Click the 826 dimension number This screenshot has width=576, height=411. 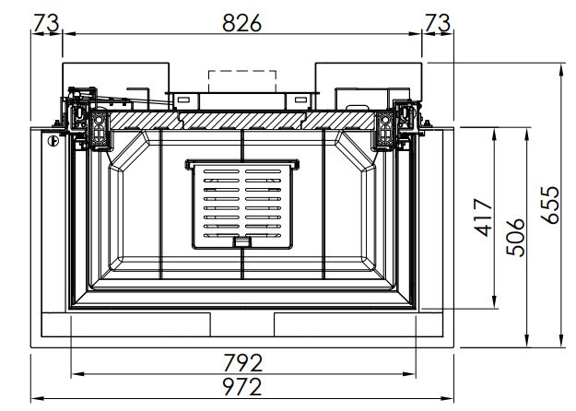tap(241, 23)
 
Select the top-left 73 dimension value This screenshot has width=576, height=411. tap(46, 23)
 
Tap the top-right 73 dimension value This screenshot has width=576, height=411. tap(438, 23)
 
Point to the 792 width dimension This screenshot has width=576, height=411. tap(242, 363)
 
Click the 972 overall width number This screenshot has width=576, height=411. tap(242, 386)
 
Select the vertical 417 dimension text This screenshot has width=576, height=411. tap(483, 217)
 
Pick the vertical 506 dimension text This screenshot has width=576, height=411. tap(515, 237)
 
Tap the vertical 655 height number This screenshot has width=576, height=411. tap(549, 205)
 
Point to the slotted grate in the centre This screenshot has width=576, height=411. tap(242, 205)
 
